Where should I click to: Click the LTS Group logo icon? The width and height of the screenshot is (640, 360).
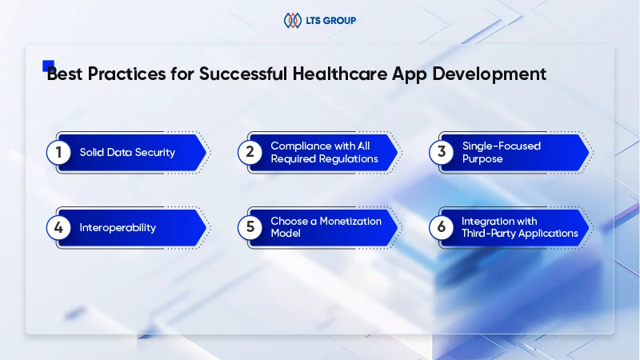(293, 21)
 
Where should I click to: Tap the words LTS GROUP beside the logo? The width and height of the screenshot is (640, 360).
(330, 21)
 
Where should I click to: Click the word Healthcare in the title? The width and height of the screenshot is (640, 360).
(339, 74)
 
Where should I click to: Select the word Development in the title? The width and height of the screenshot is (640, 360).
(489, 74)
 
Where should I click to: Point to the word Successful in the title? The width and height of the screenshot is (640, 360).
(243, 74)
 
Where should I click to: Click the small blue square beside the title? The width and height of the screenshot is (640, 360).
(48, 66)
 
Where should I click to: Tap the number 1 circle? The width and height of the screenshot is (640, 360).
(58, 152)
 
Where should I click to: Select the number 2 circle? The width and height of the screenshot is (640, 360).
(250, 152)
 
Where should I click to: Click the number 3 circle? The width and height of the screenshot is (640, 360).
(442, 152)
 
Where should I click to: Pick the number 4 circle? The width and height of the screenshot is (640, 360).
(58, 227)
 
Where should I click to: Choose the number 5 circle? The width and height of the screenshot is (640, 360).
(250, 227)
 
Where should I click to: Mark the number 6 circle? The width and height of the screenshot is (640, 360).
(442, 227)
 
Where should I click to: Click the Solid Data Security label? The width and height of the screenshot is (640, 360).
(127, 153)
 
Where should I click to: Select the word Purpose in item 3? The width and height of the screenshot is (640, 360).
(482, 158)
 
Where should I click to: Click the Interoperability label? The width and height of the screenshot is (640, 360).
(118, 228)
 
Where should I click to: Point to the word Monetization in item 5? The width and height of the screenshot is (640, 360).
(350, 222)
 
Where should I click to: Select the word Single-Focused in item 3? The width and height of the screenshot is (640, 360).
(502, 146)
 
